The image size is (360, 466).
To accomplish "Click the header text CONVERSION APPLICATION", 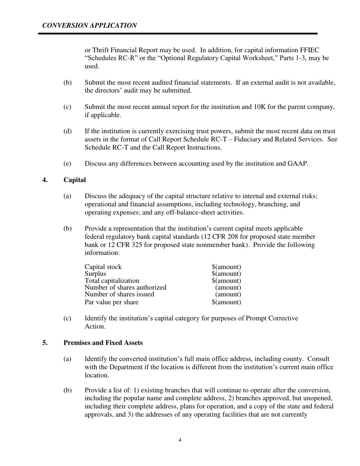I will tap(89, 26).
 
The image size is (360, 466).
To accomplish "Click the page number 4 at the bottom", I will tap(180, 440).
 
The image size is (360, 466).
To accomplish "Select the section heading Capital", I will tap(75, 180).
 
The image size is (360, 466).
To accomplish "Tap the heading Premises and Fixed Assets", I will tap(103, 343).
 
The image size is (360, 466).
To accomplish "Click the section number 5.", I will tap(45, 343).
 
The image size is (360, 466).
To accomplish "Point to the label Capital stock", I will tap(103, 267).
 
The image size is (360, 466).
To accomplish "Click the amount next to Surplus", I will tap(226, 274).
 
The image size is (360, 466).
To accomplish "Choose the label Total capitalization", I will tap(112, 281).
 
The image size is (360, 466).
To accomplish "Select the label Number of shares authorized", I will tap(125, 288).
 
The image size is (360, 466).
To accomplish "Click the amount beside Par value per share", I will tap(226, 302).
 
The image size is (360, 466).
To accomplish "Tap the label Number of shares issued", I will tap(119, 294).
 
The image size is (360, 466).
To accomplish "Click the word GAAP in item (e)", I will tap(298, 164).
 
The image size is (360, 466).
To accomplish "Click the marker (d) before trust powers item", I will tap(67, 131).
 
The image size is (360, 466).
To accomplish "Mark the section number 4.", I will tap(45, 180).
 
